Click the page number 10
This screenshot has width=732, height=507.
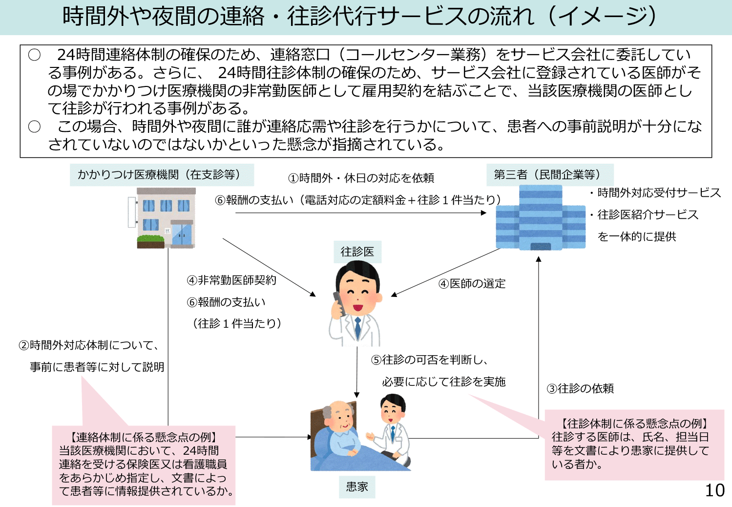[714, 490]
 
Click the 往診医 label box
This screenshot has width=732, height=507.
[357, 252]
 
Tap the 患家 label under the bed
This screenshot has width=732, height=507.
[357, 486]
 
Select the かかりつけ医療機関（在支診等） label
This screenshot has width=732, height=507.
[161, 175]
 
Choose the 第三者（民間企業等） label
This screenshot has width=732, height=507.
[549, 175]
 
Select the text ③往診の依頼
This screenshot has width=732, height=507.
[580, 388]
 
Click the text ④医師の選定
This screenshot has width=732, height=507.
[472, 283]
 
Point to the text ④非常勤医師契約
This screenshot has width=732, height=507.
[231, 280]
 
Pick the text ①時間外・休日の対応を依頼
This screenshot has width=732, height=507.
[361, 178]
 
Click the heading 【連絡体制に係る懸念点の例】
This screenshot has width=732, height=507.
[144, 437]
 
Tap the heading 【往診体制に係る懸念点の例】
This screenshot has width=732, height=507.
[634, 423]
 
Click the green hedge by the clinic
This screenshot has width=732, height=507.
[151, 239]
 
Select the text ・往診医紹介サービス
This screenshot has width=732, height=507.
[645, 214]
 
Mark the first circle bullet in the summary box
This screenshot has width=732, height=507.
[34, 55]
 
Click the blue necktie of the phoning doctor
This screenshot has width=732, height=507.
[358, 327]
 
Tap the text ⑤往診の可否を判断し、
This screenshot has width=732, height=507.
[430, 360]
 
